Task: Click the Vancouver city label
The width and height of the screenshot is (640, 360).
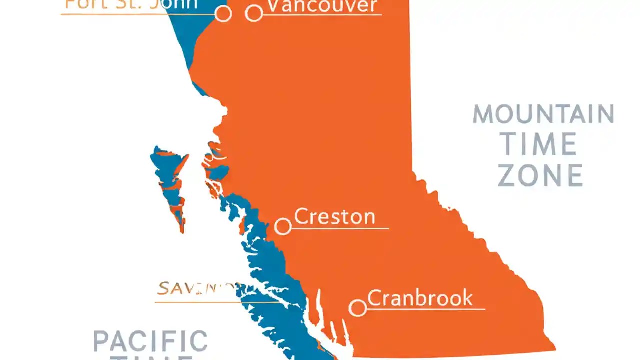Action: coord(322,6)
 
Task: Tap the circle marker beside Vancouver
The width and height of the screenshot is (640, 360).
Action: coord(254,13)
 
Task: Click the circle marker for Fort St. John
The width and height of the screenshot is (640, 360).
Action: coord(223,13)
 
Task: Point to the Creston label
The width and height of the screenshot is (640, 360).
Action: coord(334,217)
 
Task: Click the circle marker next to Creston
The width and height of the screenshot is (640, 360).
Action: coord(283,226)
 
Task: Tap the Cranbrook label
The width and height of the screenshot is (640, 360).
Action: coord(420,298)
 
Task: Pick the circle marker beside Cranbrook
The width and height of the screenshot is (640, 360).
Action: coord(357,308)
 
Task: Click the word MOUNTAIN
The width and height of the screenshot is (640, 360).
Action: coord(543,115)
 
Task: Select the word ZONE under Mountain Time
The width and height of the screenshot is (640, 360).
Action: coord(540,176)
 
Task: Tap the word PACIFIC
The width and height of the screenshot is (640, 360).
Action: coord(150,341)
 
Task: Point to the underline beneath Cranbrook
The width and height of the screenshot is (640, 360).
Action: coord(425,309)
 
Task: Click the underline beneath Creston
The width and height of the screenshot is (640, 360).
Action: coord(340,228)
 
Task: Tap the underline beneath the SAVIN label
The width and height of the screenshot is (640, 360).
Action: coord(200,302)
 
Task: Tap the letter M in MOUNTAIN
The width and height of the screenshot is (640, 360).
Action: coord(483,115)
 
